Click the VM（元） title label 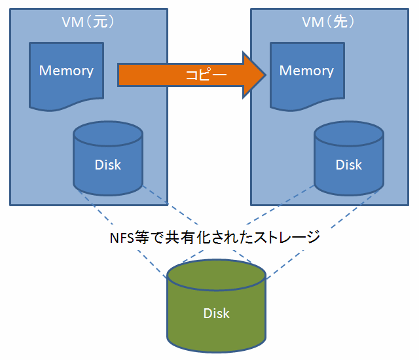88,22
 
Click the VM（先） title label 328,22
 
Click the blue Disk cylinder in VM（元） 108,160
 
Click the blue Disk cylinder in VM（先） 348,160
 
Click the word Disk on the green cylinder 216,313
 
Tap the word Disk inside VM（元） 108,164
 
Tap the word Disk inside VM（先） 348,164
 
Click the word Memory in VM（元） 66,71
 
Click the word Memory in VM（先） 306,71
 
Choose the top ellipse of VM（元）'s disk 108,135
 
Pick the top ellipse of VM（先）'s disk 348,135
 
